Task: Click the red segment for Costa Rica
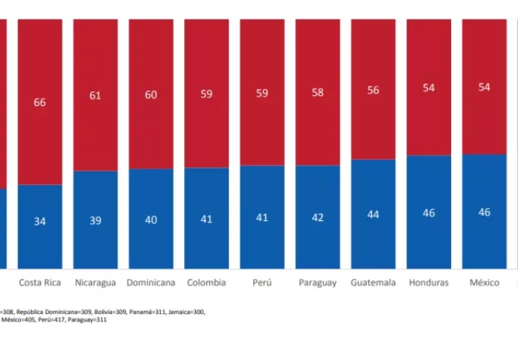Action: [40, 102]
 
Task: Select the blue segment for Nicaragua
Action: [96, 220]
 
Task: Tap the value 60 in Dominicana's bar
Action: [151, 95]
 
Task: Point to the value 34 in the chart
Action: [40, 221]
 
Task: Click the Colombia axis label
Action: [206, 283]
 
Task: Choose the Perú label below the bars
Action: [262, 283]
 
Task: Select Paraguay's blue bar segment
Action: [318, 217]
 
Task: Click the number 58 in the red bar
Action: [318, 92]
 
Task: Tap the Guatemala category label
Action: [373, 283]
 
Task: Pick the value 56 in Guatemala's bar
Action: [373, 90]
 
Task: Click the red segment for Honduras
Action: [429, 87]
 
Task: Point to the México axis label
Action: [484, 283]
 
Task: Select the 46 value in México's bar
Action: [484, 212]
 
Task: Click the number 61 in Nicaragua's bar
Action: [95, 96]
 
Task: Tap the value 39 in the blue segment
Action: [96, 220]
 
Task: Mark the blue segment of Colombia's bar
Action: [206, 218]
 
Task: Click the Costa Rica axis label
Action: [40, 283]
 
